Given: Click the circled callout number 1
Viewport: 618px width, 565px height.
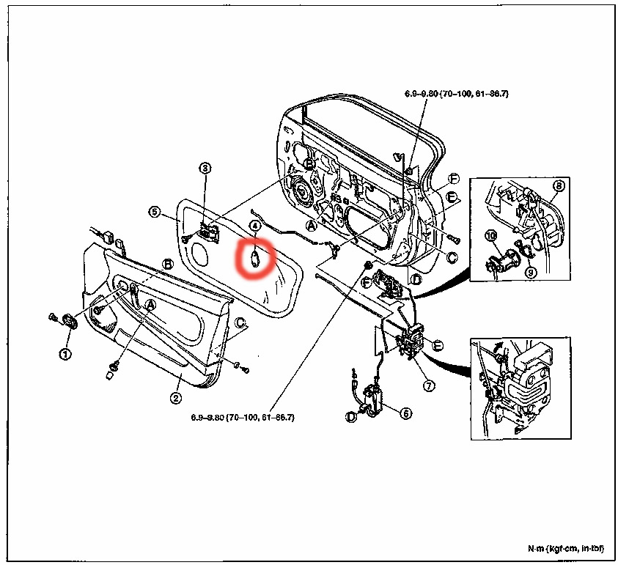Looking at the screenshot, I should pyautogui.click(x=66, y=352).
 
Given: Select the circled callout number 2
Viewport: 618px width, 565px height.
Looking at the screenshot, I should pyautogui.click(x=176, y=398).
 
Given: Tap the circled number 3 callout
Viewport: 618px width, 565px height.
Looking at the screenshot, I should pyautogui.click(x=205, y=169).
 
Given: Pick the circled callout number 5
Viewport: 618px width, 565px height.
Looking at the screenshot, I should pyautogui.click(x=154, y=212).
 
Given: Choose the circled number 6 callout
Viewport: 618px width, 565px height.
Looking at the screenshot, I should pyautogui.click(x=405, y=413).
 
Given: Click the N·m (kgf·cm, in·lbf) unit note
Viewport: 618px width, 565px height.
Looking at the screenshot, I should pyautogui.click(x=564, y=549).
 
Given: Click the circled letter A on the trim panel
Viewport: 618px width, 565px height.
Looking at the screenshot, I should pyautogui.click(x=150, y=303).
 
